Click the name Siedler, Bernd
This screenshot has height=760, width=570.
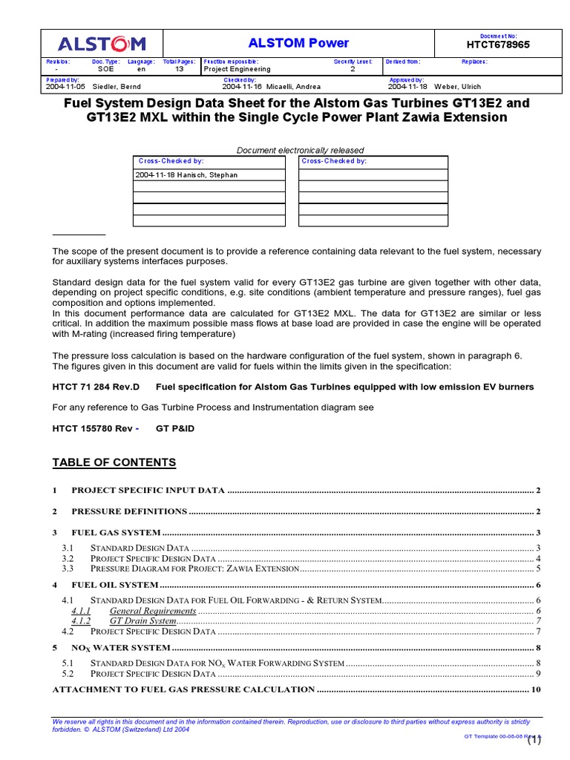click(117, 87)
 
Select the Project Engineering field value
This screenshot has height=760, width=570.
click(237, 69)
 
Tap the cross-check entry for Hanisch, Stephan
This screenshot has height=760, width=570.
click(186, 175)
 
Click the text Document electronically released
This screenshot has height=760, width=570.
click(300, 151)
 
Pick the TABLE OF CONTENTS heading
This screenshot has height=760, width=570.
click(114, 463)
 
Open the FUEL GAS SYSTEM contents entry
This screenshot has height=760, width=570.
click(116, 532)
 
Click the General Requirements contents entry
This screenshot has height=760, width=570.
click(153, 611)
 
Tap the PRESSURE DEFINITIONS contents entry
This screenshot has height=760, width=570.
click(129, 511)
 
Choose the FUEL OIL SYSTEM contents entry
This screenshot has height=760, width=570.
click(115, 585)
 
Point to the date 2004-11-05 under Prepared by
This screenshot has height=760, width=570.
click(67, 87)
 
